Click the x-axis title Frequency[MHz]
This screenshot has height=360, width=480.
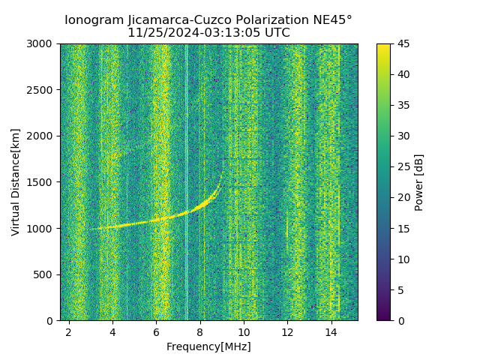click(208, 346)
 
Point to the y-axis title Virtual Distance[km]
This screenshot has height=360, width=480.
click(16, 181)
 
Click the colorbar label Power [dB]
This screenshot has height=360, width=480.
click(419, 182)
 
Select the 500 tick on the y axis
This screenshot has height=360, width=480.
click(44, 274)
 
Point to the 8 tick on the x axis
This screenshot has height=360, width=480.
click(200, 331)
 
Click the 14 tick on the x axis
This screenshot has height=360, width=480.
click(331, 331)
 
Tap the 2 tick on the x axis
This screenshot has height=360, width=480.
click(69, 331)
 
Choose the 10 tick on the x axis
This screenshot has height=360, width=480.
click(244, 331)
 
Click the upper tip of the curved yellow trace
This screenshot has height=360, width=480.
click(223, 171)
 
